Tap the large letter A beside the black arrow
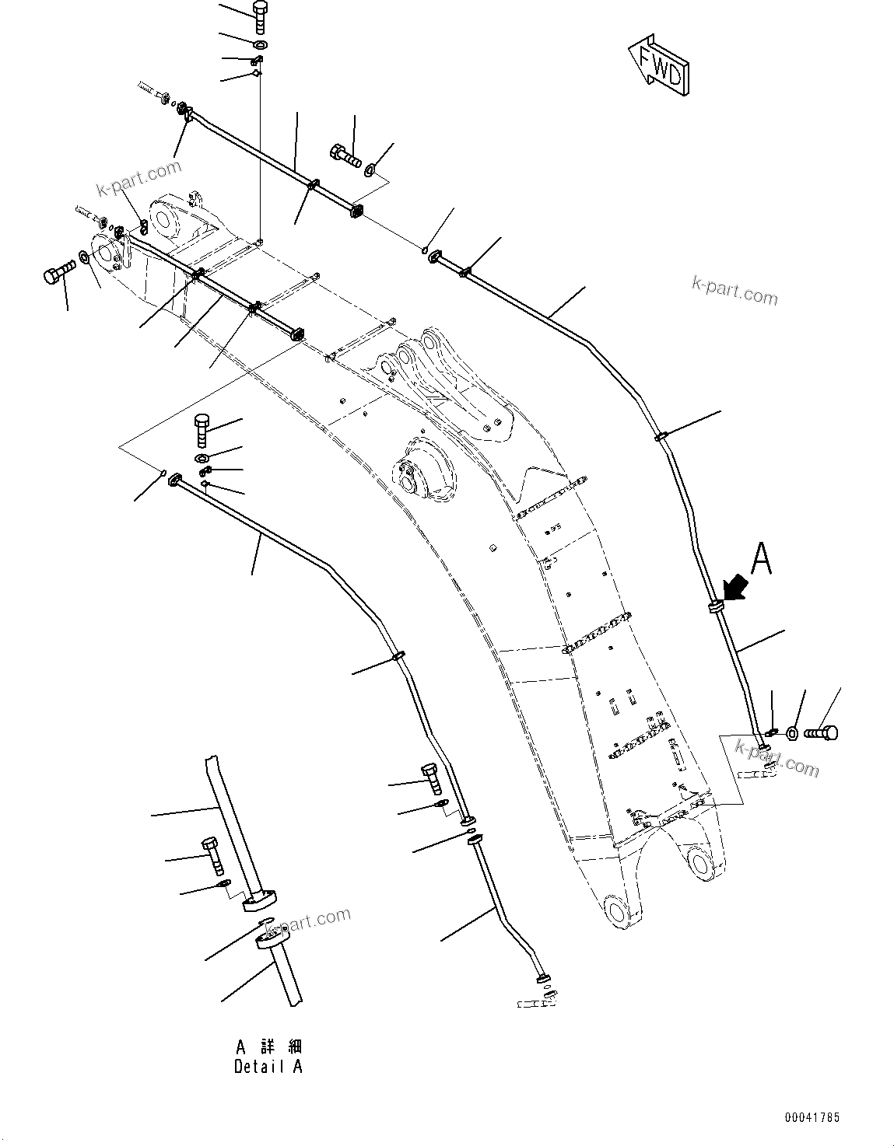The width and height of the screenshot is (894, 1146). pyautogui.click(x=761, y=559)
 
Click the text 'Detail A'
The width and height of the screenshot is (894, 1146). pyautogui.click(x=268, y=1067)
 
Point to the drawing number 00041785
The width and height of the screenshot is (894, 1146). pyautogui.click(x=812, y=1117)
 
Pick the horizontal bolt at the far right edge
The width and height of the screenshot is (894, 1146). pyautogui.click(x=821, y=732)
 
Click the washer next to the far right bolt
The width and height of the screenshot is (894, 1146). pyautogui.click(x=791, y=732)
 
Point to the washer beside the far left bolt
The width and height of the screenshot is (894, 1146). pyautogui.click(x=84, y=256)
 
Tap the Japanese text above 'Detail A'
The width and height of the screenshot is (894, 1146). pyautogui.click(x=268, y=1046)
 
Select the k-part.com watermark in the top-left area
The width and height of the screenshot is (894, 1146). pyautogui.click(x=138, y=180)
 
